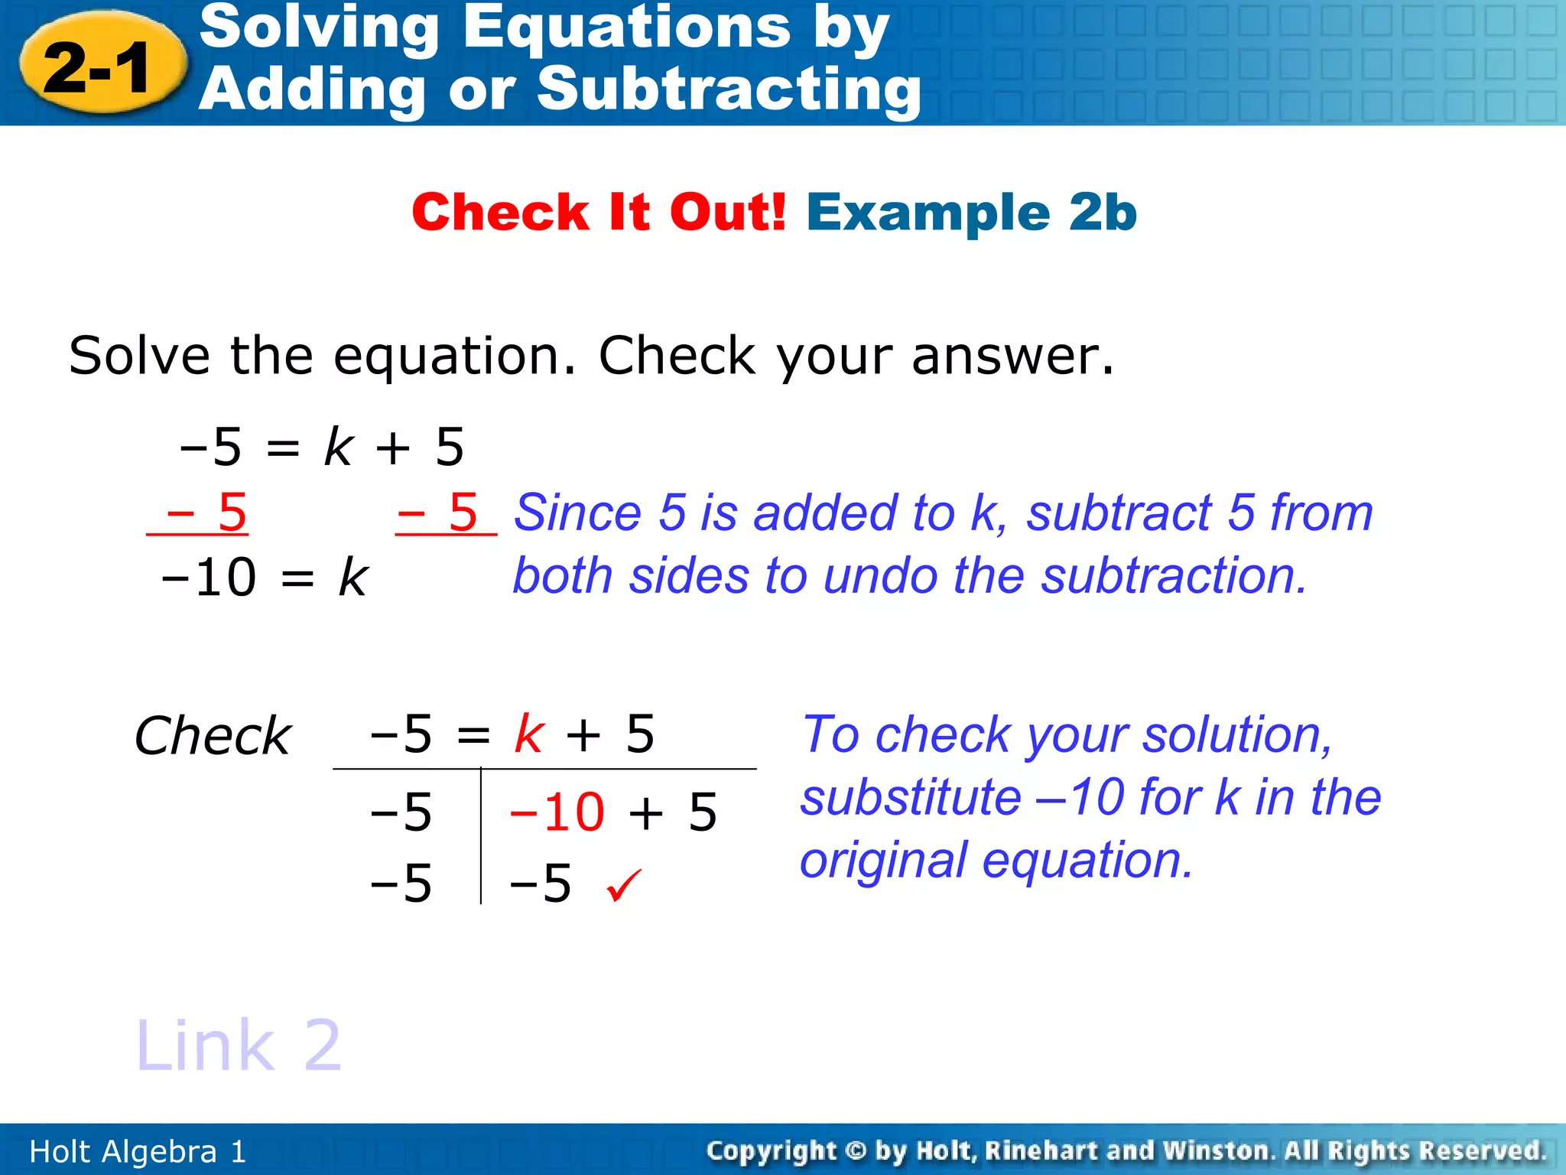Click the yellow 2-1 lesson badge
click(x=102, y=66)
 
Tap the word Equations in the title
click(x=627, y=28)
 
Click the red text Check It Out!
click(x=599, y=212)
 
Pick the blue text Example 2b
click(x=972, y=212)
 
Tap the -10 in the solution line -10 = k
click(x=209, y=577)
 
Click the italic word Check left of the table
click(x=213, y=736)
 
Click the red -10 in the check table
click(x=557, y=812)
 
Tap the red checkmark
click(x=623, y=885)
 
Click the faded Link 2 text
click(x=238, y=1046)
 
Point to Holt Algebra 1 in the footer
click(x=138, y=1151)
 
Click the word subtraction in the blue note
click(x=1173, y=576)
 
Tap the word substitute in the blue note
click(x=911, y=797)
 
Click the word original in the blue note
click(x=883, y=860)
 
